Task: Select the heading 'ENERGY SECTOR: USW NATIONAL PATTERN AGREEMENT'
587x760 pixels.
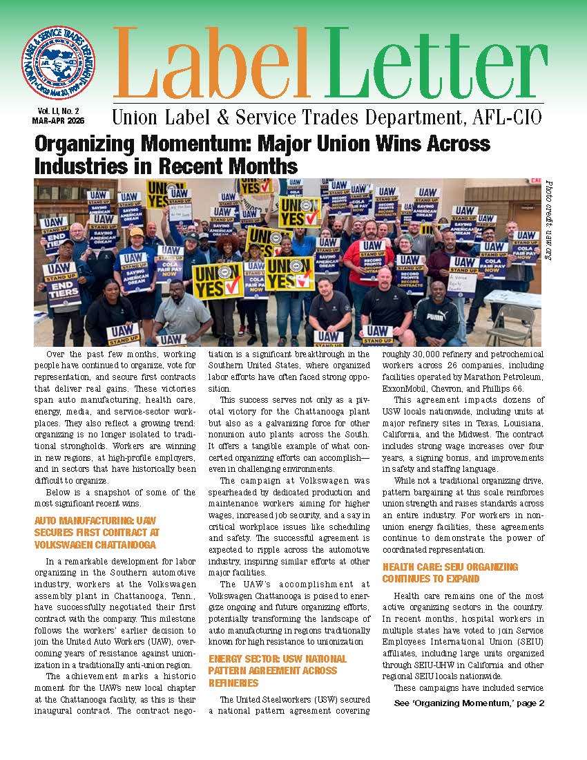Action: pos(273,670)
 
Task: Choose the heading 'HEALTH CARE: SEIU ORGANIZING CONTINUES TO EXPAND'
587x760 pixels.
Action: pos(450,573)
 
